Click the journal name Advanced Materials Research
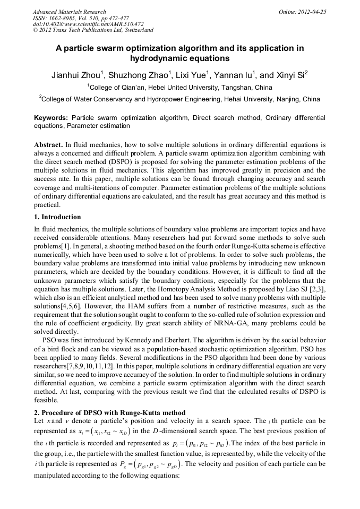click(x=69, y=11)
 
